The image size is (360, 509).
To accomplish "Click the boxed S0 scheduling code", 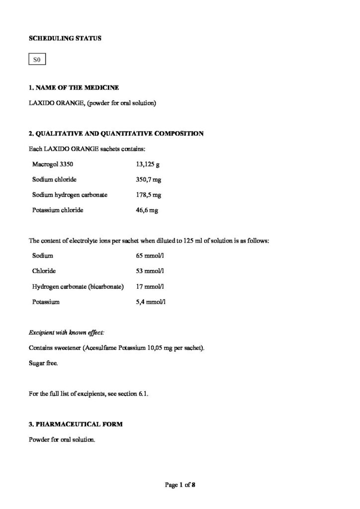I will click(x=36, y=61).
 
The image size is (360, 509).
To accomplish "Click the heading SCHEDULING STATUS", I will click(x=65, y=38).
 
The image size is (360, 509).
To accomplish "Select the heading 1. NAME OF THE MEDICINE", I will click(x=74, y=88).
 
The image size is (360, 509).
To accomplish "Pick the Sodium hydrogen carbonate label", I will click(x=70, y=194).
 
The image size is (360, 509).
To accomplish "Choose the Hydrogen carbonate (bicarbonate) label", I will click(x=78, y=286).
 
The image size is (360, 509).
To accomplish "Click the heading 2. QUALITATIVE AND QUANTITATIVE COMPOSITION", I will click(x=116, y=133).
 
